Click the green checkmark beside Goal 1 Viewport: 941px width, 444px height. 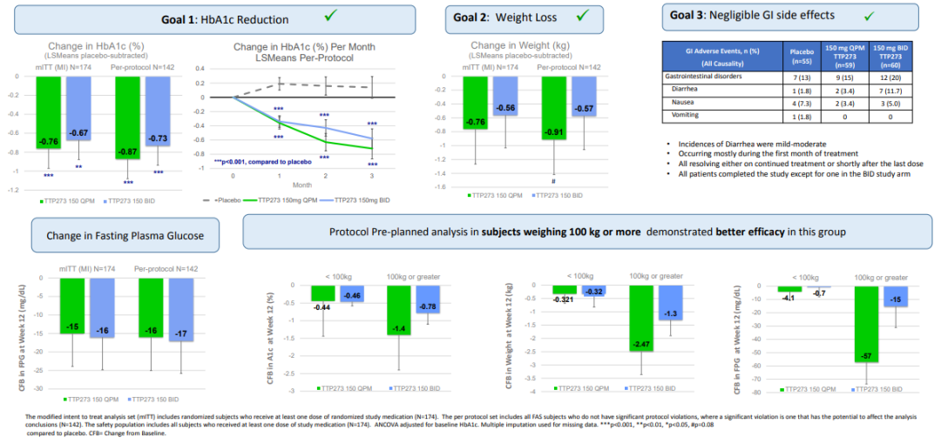pos(332,16)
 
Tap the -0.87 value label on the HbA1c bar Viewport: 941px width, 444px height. pos(129,151)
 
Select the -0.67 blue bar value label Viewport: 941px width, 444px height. pos(78,132)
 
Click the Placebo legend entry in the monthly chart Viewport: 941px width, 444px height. pos(223,198)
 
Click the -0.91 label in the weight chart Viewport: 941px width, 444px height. pos(553,132)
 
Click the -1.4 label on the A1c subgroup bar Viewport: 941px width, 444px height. pos(399,328)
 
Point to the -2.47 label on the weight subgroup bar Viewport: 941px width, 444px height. pos(640,346)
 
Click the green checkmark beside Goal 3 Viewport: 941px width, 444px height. pos(868,16)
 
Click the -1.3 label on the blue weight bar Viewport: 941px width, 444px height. pos(671,313)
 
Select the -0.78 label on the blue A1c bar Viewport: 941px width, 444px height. pos(428,306)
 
